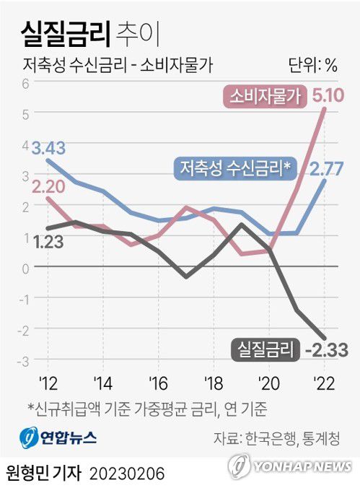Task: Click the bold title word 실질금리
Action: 64,32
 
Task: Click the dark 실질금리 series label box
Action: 266,350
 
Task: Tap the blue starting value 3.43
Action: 50,148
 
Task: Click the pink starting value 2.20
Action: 48,187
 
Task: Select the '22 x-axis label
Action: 323,382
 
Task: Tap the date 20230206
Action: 127,473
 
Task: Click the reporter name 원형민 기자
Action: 43,473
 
